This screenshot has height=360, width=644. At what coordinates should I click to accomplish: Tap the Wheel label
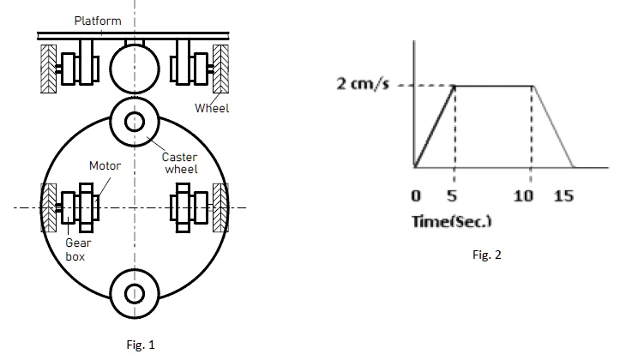pos(212,109)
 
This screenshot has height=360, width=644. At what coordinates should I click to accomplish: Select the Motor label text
pos(105,165)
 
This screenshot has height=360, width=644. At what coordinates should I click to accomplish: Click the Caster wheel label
pos(179,164)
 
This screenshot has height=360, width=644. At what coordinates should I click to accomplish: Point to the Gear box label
pos(77,249)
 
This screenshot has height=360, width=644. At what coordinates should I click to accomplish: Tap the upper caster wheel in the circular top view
pos(135,123)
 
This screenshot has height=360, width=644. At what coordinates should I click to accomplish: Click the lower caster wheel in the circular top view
pos(135,293)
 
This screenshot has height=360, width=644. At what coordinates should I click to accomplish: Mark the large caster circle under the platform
pos(135,66)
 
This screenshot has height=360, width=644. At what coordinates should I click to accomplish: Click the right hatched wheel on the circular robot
pos(220,207)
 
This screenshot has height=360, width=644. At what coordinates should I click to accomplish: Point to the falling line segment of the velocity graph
pos(553,126)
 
